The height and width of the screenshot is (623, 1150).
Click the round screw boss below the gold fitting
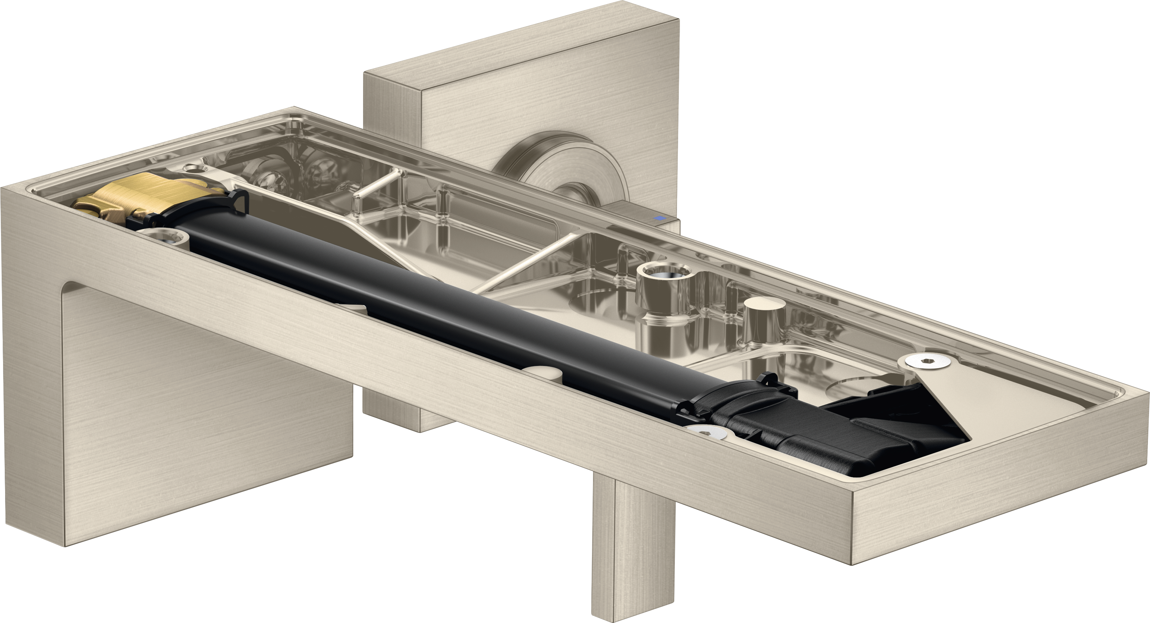163,237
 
